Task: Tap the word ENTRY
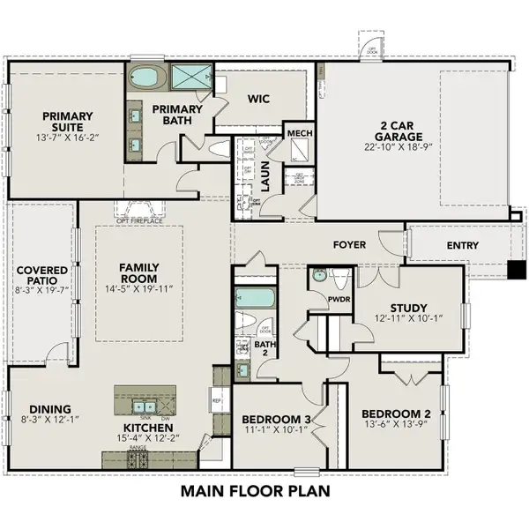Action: (464, 246)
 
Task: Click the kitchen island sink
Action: (141, 406)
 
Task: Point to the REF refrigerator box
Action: (216, 399)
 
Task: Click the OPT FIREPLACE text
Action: (139, 220)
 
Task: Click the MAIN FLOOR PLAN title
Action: (256, 490)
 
